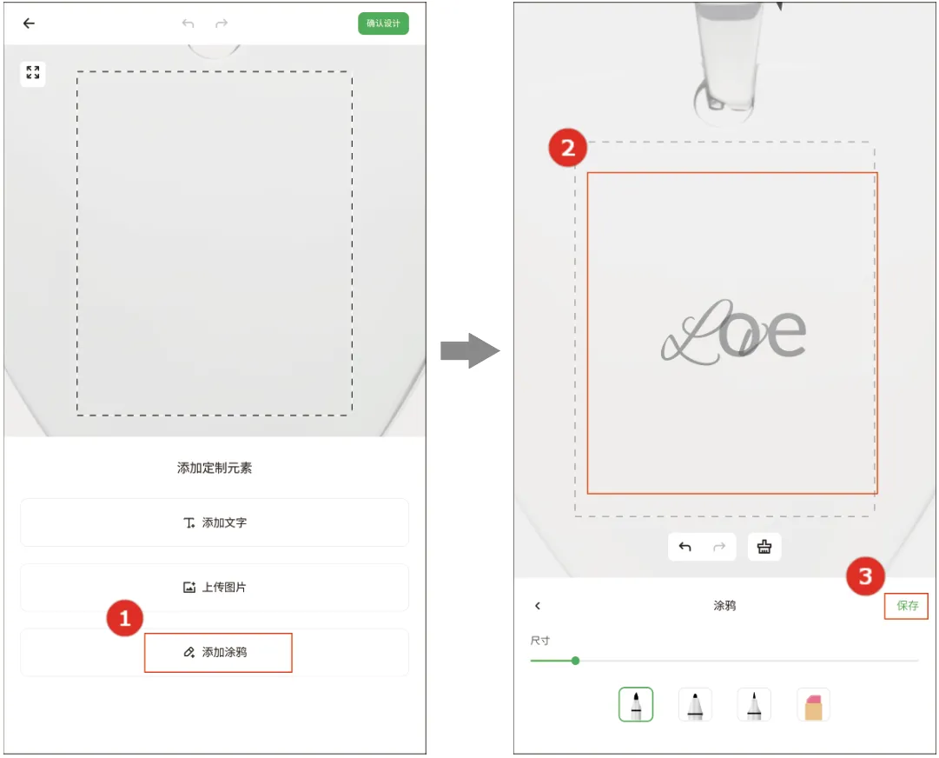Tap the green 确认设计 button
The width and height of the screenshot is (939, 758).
click(x=383, y=23)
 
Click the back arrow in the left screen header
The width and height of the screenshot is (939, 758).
click(x=29, y=23)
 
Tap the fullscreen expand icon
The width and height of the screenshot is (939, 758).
click(x=33, y=74)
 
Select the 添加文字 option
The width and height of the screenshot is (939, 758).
click(x=215, y=522)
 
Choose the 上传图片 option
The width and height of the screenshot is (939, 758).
click(x=215, y=588)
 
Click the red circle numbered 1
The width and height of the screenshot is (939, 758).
click(x=124, y=618)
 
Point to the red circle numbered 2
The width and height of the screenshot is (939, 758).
click(x=568, y=148)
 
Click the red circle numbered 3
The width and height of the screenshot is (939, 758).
click(x=865, y=576)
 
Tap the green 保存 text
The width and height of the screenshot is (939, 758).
click(x=907, y=606)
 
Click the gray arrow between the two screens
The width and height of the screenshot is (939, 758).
click(x=470, y=350)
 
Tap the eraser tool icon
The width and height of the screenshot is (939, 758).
click(x=814, y=705)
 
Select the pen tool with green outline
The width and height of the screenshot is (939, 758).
click(x=636, y=705)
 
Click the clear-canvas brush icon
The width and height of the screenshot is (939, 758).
click(x=764, y=547)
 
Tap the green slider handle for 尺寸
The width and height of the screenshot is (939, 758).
click(x=576, y=661)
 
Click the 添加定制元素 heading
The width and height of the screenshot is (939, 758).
click(x=215, y=468)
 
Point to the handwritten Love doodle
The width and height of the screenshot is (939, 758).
click(x=734, y=333)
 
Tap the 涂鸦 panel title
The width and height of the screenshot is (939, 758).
click(x=724, y=606)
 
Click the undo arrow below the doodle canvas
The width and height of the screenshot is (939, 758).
click(x=685, y=547)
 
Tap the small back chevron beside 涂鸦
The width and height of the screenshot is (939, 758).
click(x=538, y=606)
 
